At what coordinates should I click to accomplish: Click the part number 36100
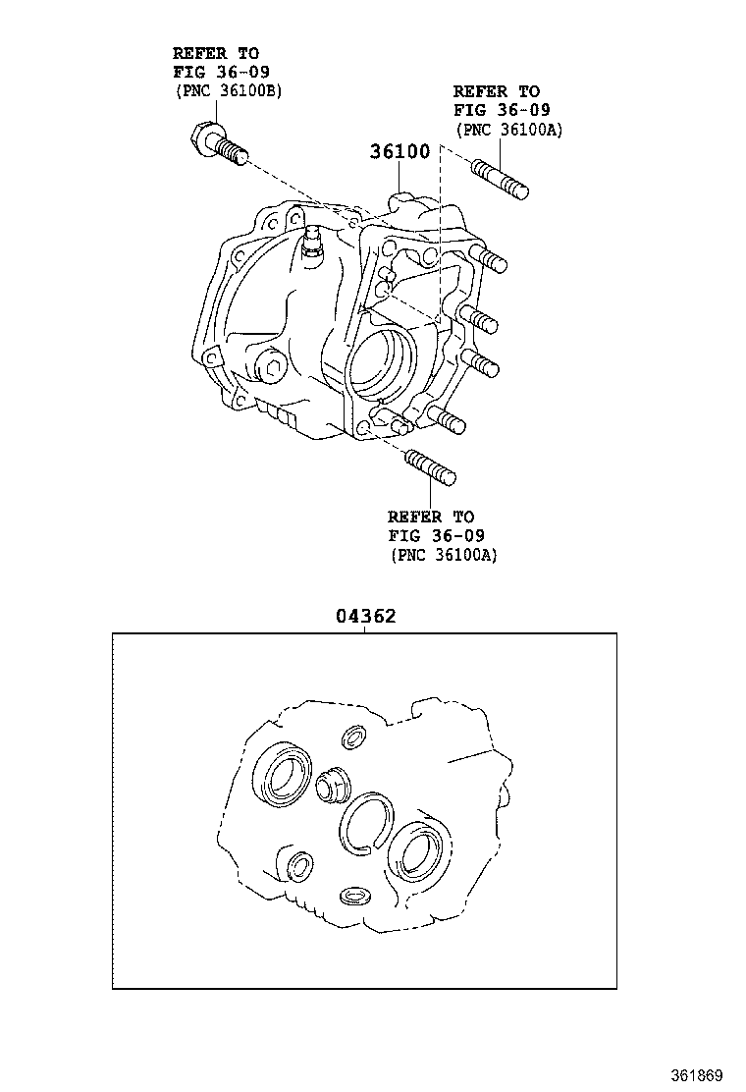[x=400, y=152]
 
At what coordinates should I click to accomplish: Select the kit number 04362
[x=365, y=617]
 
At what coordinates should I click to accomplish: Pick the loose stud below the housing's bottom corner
[x=430, y=465]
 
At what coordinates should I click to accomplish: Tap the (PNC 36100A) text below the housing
[x=443, y=555]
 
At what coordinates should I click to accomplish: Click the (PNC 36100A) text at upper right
[x=508, y=129]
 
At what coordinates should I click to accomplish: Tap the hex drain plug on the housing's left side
[x=271, y=371]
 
